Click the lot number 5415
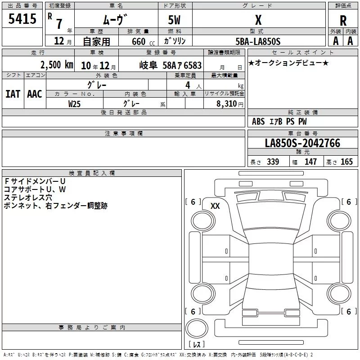pos(22,18)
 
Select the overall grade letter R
pos(343,21)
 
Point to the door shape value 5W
pos(174,20)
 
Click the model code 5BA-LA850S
pos(258,41)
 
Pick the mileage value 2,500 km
pos(57,65)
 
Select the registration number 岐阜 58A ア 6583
pos(171,65)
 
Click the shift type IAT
pos(13,94)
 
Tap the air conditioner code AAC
pos(35,94)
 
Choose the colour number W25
pos(74,104)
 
